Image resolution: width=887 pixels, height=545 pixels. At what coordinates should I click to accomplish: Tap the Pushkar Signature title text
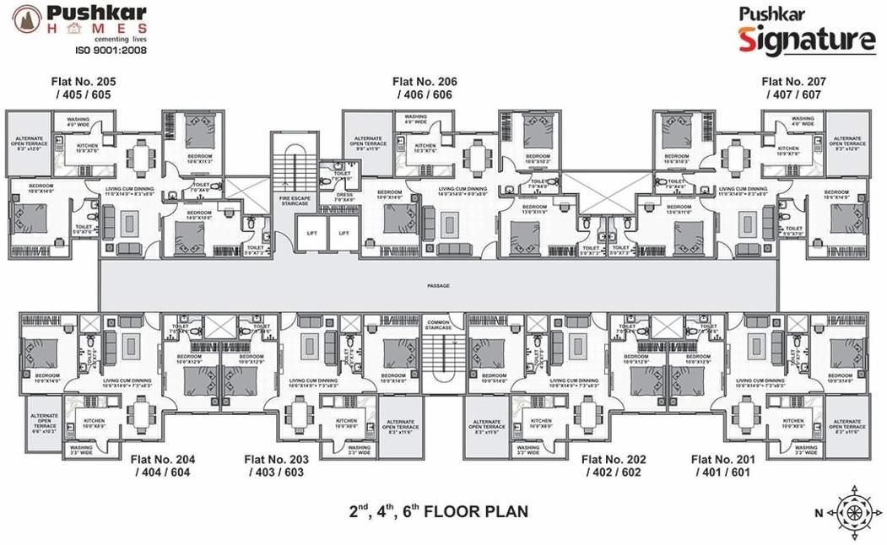click(x=807, y=32)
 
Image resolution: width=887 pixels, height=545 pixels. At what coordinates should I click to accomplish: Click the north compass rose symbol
click(x=853, y=510)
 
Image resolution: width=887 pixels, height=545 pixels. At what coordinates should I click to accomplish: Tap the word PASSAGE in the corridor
click(x=438, y=286)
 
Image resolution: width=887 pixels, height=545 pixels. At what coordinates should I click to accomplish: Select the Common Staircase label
click(x=438, y=326)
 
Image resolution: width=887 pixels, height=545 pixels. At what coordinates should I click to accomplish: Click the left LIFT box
click(x=311, y=233)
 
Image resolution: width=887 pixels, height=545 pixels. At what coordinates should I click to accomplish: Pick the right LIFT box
click(x=343, y=233)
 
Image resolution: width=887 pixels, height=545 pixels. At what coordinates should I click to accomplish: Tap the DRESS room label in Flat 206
click(x=344, y=197)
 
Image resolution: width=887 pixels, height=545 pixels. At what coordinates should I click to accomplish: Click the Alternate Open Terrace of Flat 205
click(x=30, y=143)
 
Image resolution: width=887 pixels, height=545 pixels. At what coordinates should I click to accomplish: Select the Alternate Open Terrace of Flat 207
click(x=848, y=143)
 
